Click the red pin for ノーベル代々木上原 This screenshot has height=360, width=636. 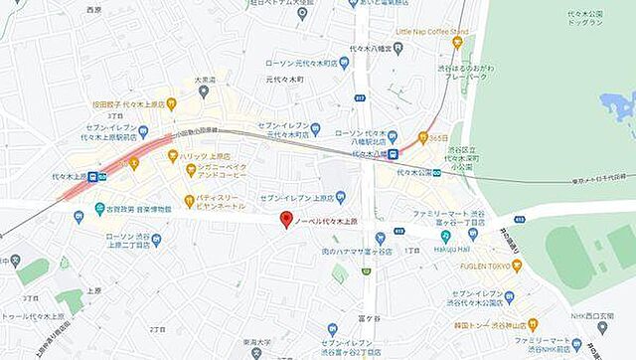285,220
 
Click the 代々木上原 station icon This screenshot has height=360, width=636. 92,177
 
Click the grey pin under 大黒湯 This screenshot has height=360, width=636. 203,93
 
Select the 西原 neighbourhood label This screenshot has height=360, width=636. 94,9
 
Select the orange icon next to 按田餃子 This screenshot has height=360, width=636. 172,102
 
